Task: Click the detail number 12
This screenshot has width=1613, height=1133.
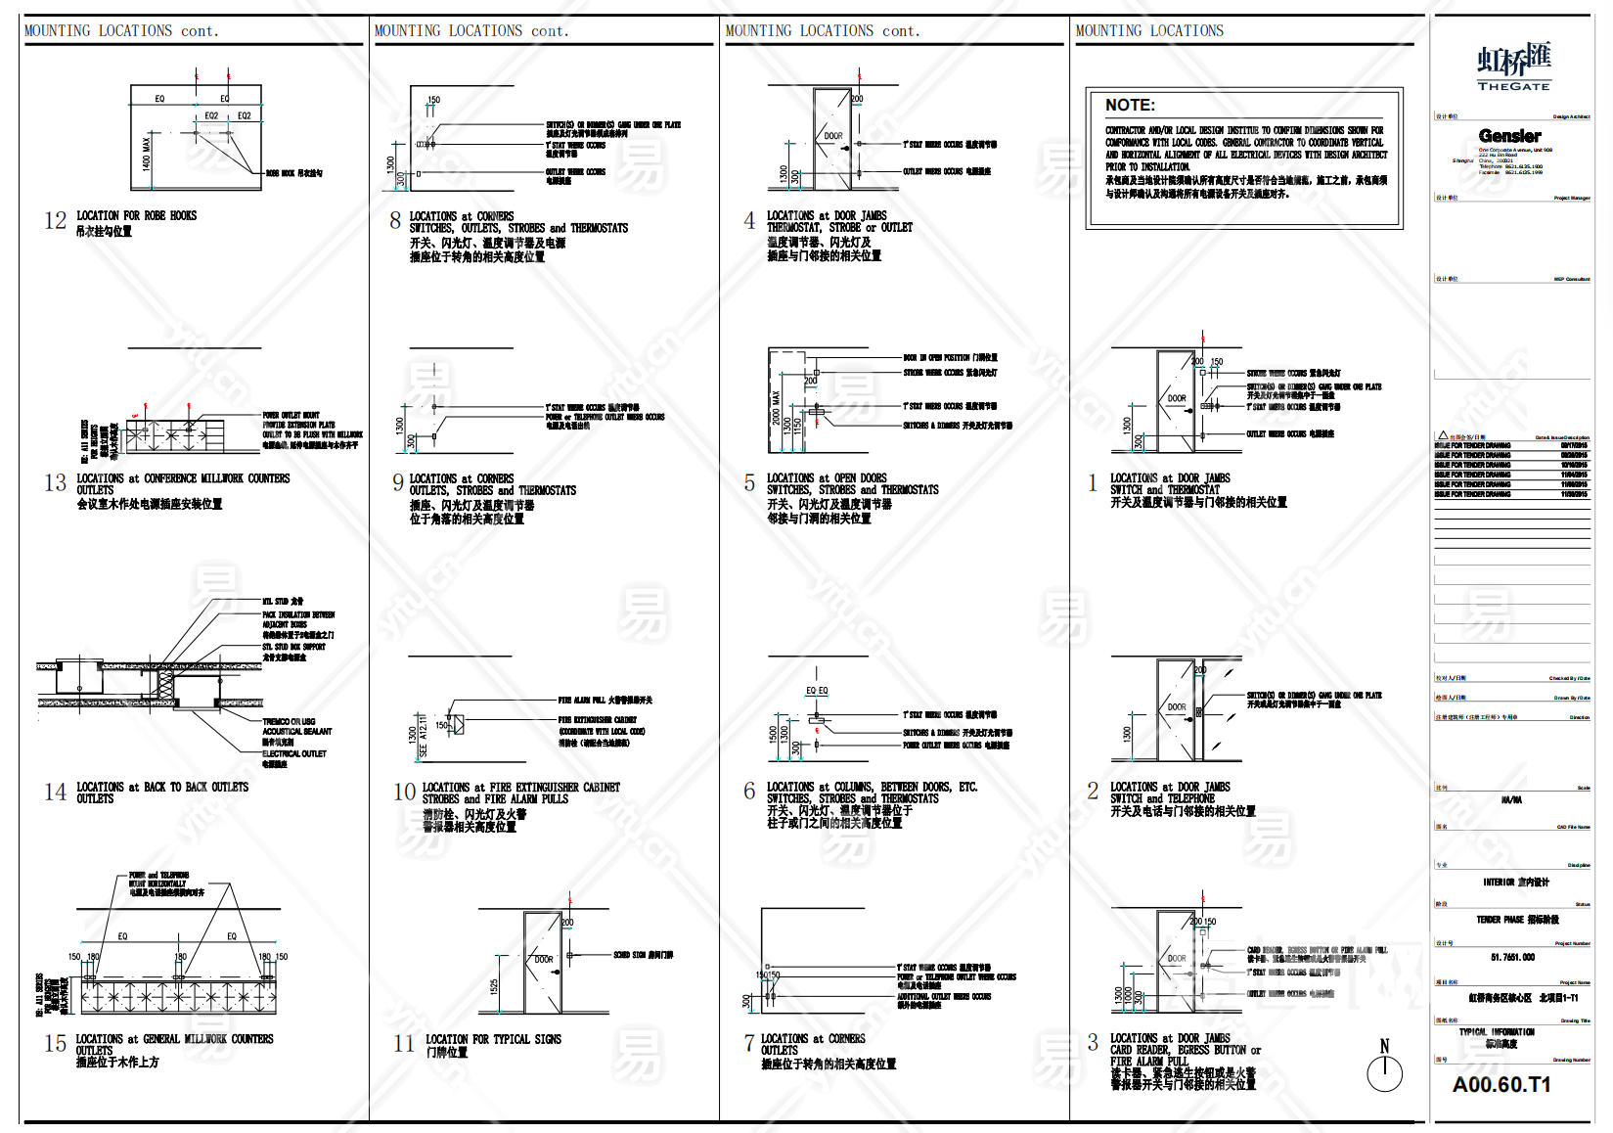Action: tap(55, 221)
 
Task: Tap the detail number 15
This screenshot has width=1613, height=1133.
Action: tap(55, 1044)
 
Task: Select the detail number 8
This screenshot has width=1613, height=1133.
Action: tap(395, 221)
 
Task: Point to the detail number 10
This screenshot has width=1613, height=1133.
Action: tap(404, 793)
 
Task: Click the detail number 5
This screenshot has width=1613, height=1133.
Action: tap(749, 483)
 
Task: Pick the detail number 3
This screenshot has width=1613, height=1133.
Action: tap(1093, 1043)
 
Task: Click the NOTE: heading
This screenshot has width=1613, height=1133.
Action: tap(1130, 106)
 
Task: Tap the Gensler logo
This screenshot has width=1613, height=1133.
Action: tap(1509, 136)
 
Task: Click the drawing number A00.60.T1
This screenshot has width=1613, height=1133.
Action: tap(1501, 1085)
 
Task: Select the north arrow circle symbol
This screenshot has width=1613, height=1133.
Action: tap(1384, 1074)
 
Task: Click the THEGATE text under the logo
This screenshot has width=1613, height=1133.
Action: tap(1513, 87)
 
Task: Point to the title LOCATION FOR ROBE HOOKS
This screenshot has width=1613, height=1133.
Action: tap(137, 216)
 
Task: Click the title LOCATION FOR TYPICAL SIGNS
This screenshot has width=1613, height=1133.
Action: tap(493, 1040)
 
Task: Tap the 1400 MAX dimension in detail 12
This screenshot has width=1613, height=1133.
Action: tap(147, 155)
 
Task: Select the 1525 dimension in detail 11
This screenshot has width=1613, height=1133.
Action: tap(495, 987)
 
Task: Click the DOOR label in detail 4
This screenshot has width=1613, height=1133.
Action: tap(832, 137)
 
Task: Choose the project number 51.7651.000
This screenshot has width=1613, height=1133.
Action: tap(1512, 958)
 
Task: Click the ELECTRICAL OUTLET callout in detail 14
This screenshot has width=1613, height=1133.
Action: tap(294, 754)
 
